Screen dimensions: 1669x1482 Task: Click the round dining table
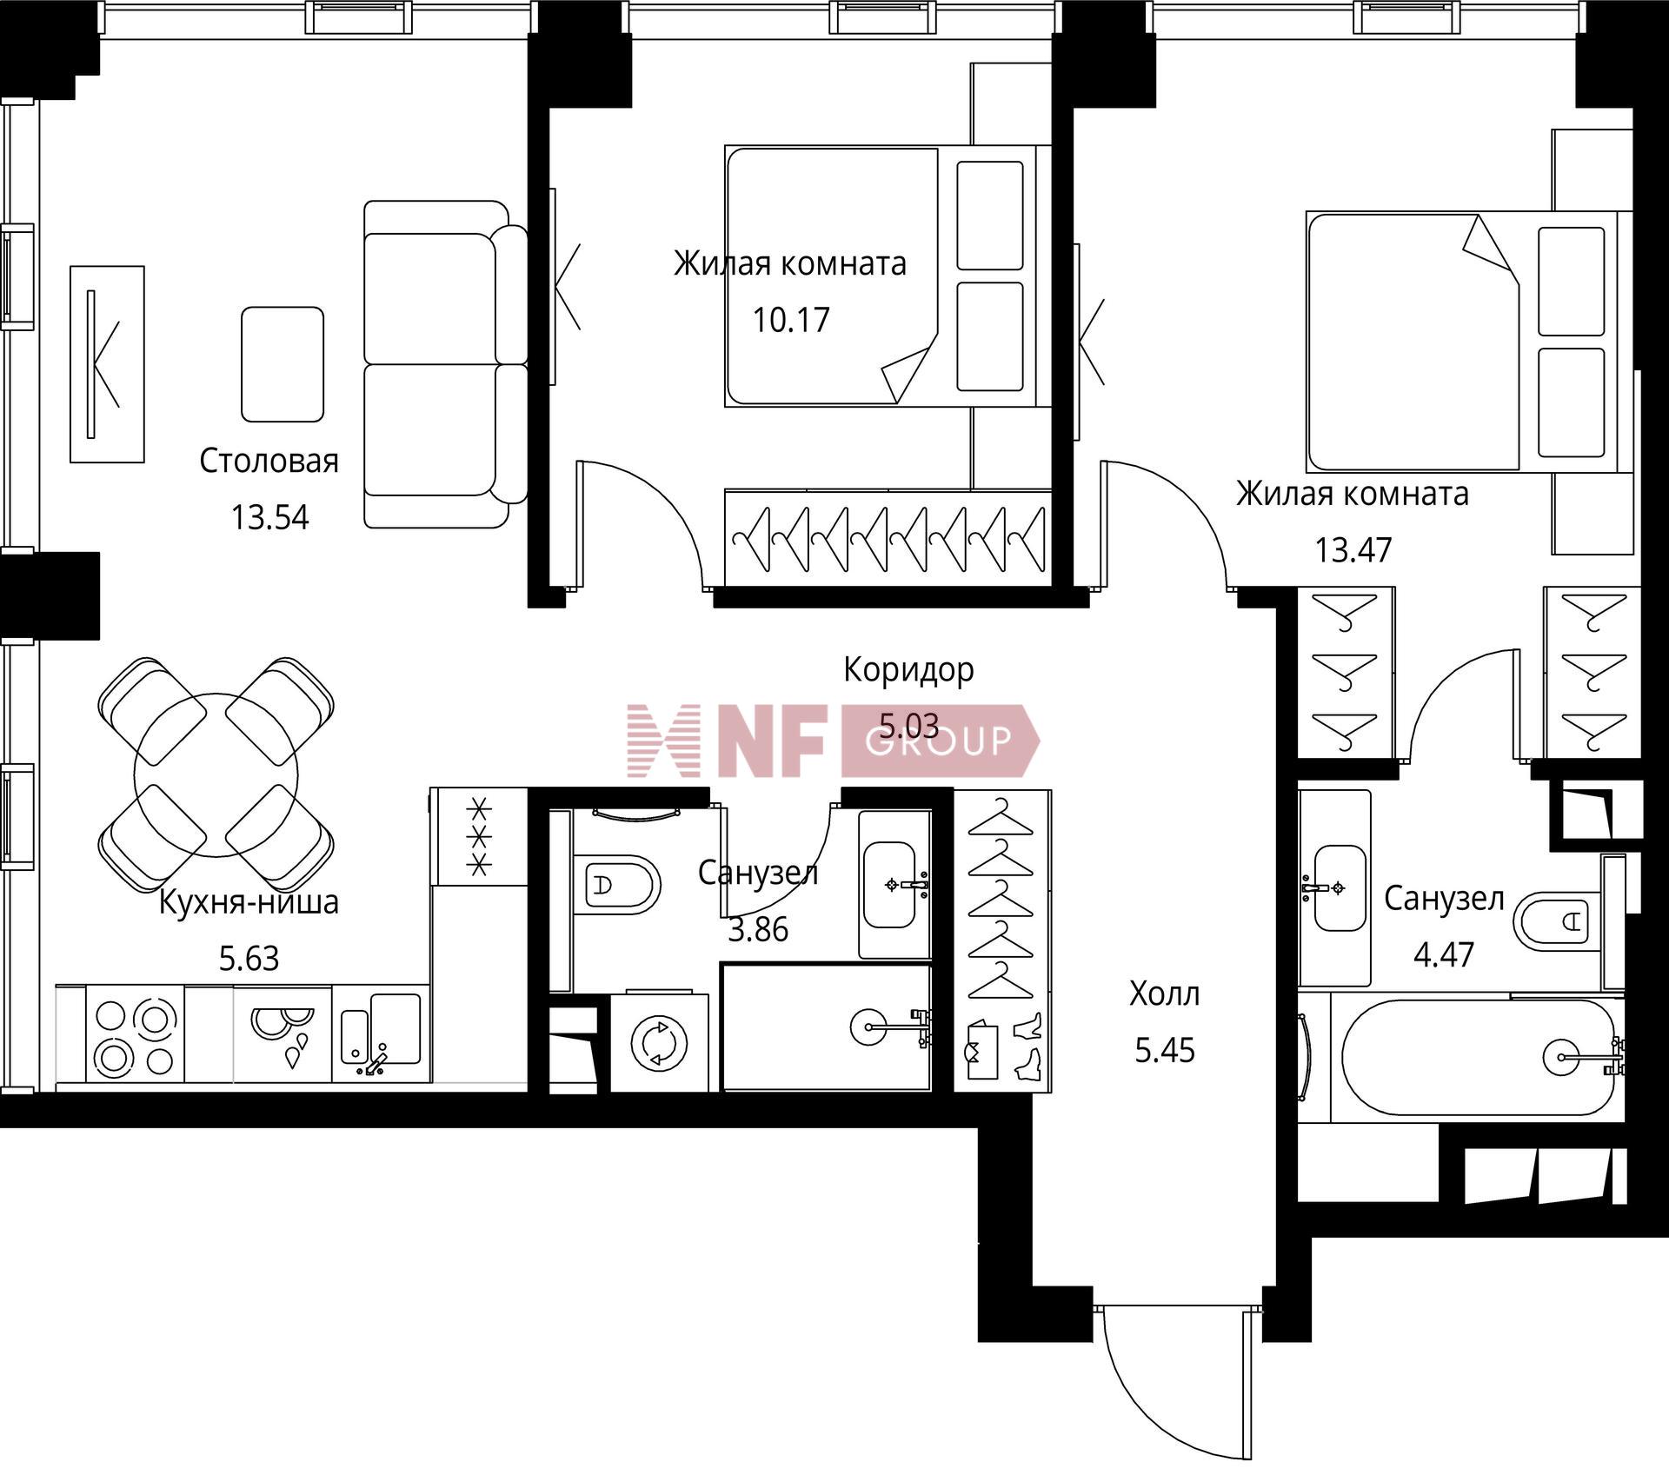(216, 775)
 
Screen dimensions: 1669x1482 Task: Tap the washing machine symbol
(660, 1042)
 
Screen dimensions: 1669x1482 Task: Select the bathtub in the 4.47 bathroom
(1477, 1057)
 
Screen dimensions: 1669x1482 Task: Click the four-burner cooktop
(135, 1034)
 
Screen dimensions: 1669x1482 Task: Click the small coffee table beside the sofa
(283, 364)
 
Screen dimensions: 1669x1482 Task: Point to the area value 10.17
(791, 320)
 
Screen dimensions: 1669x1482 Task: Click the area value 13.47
(1353, 549)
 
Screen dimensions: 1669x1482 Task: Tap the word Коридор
(908, 669)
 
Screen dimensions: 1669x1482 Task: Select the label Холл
(1164, 994)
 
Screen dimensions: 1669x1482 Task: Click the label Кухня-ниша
(249, 902)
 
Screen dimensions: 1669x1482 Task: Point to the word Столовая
(269, 461)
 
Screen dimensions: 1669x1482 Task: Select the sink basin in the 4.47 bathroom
(1339, 887)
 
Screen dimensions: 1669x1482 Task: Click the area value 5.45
(1165, 1051)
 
